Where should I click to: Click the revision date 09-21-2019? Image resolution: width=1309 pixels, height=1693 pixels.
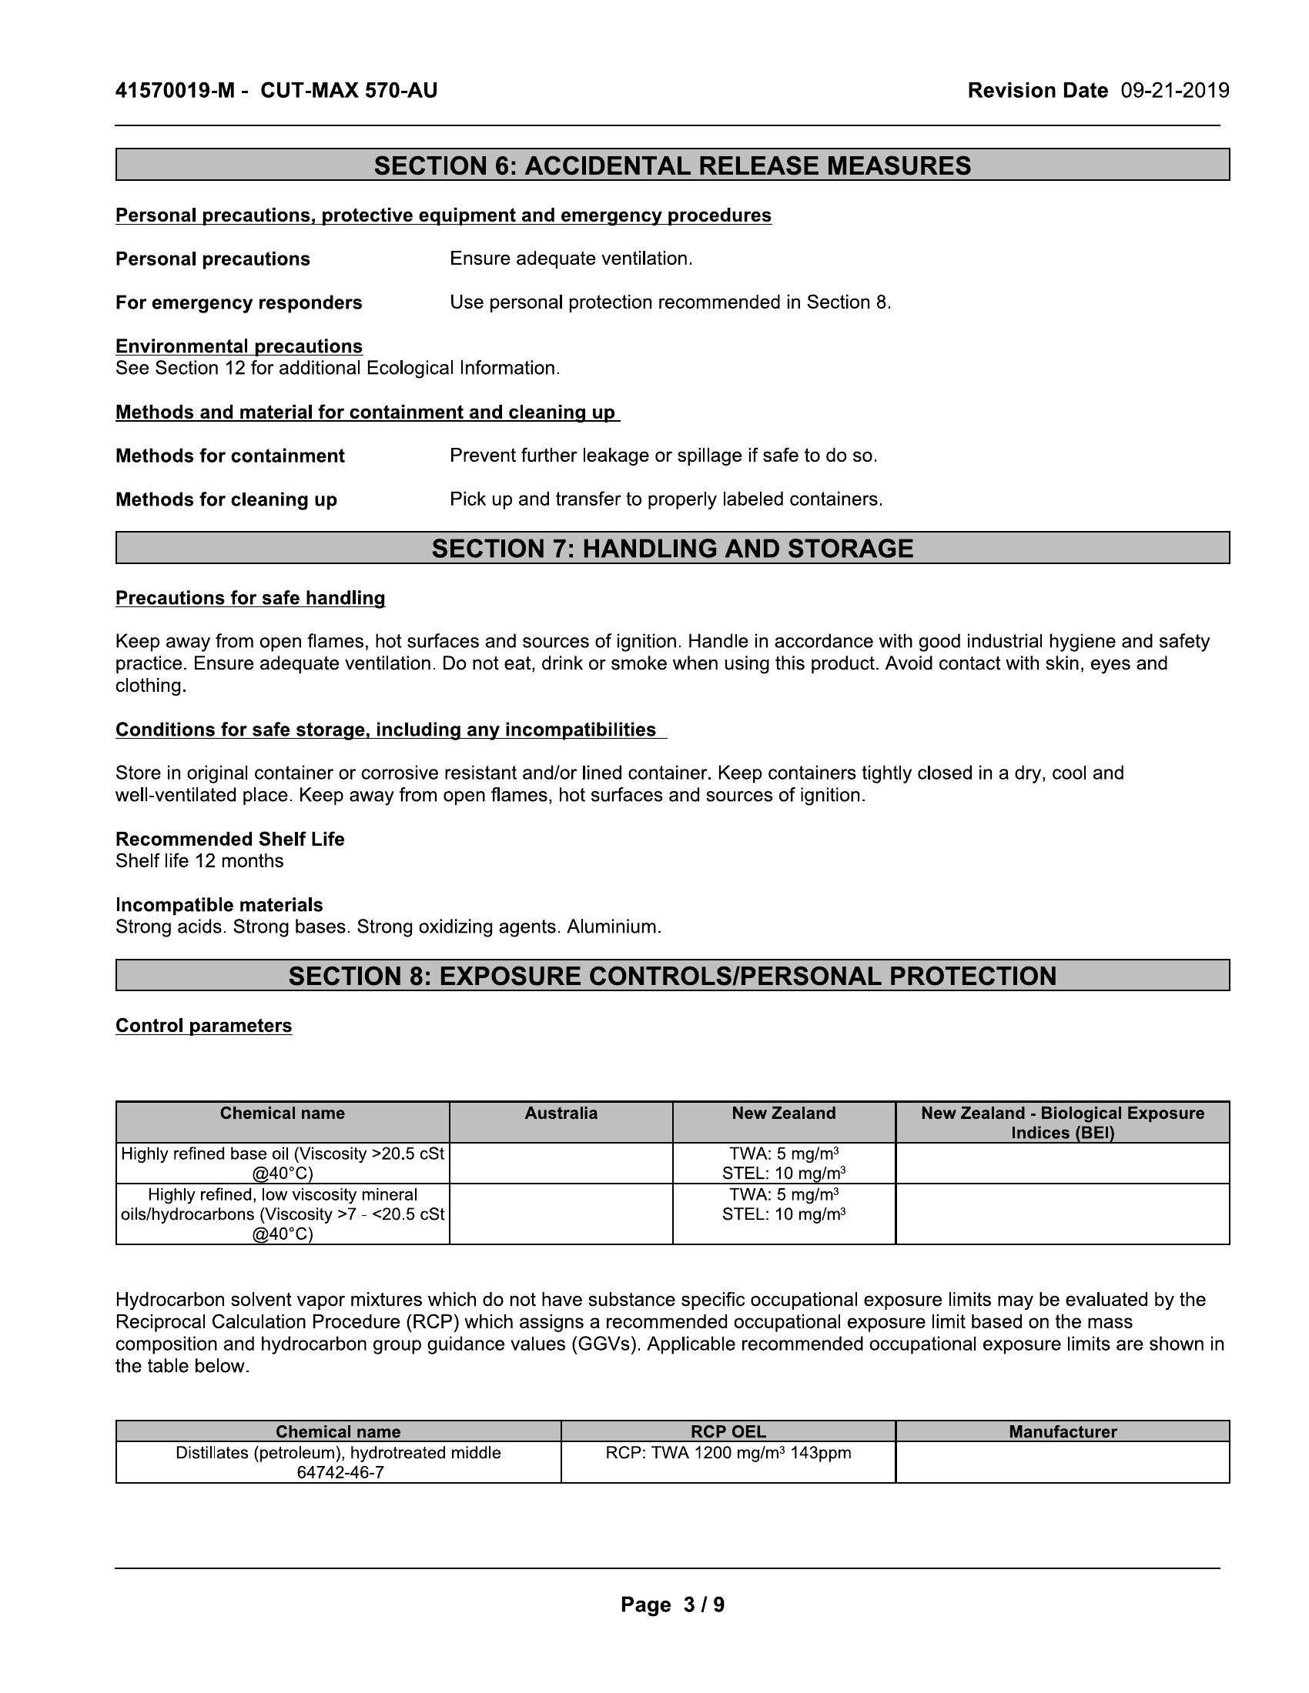pos(1174,91)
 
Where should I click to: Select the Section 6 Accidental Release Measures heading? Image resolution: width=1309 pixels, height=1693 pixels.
pos(672,165)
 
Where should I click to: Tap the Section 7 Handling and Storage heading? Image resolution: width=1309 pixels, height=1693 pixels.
pos(672,548)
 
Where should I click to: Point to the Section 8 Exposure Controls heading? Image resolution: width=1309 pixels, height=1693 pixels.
pos(672,975)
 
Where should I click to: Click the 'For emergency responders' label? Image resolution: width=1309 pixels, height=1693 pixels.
pos(238,302)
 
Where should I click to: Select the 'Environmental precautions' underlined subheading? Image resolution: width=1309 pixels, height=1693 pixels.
pos(239,346)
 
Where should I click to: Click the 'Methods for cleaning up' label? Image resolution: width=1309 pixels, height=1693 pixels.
pos(226,499)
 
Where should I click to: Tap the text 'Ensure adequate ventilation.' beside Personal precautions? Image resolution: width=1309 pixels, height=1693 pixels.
pos(571,259)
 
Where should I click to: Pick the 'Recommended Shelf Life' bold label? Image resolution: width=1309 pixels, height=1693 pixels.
pos(229,839)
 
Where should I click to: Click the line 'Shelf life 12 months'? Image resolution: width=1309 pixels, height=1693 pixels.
pos(199,861)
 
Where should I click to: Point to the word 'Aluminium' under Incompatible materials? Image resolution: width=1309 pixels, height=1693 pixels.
pos(614,927)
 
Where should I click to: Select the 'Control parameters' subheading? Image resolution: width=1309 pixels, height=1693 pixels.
pos(203,1026)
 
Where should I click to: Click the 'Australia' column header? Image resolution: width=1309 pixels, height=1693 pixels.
pos(561,1114)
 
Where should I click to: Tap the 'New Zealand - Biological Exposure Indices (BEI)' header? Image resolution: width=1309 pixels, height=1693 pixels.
pos(1063,1123)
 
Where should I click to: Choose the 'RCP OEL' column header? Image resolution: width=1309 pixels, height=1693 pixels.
pos(728,1432)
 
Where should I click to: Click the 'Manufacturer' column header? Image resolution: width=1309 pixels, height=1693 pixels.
pos(1063,1432)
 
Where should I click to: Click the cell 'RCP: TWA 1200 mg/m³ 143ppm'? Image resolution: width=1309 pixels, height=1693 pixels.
pos(728,1453)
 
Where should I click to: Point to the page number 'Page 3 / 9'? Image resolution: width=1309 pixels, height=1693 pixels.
pos(672,1605)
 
